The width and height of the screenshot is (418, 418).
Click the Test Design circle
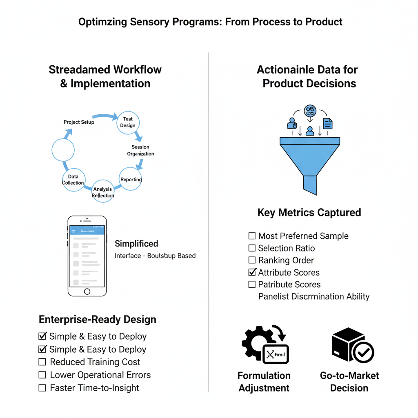point(128,122)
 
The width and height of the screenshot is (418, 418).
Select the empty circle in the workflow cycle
point(63,150)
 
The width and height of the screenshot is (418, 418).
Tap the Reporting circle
point(131,179)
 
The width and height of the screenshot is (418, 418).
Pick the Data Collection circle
point(73,180)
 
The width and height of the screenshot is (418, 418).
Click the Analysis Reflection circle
point(103,192)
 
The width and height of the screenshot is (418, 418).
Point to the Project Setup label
point(79,122)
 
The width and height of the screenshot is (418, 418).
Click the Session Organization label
point(140,150)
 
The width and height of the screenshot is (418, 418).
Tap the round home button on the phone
point(87,291)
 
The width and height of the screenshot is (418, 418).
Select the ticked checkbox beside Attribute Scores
point(252,272)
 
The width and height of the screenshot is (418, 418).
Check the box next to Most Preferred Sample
point(252,236)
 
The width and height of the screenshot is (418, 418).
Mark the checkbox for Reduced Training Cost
point(42,362)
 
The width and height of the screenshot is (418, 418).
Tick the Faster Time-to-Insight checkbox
point(42,388)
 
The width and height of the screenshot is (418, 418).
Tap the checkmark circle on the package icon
point(362,351)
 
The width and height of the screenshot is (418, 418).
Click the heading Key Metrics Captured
point(309,213)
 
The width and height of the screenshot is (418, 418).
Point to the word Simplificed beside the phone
point(136,244)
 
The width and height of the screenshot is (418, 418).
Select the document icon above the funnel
point(327,123)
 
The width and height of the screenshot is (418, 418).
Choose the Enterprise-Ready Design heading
point(97,319)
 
